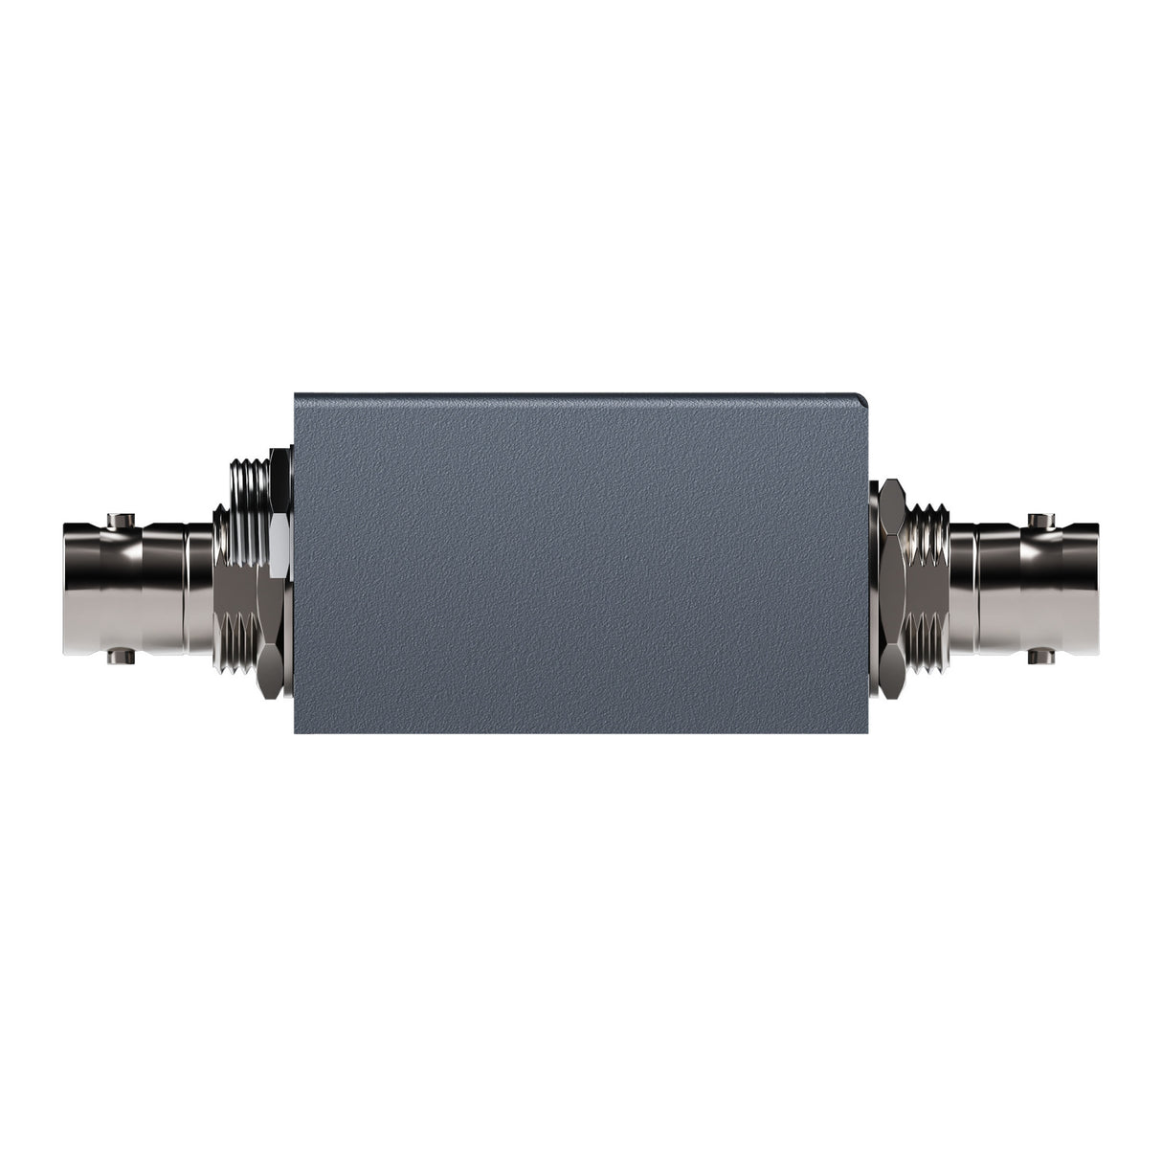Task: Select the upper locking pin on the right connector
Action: [1037, 520]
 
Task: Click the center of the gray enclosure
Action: [580, 563]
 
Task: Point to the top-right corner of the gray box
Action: [865, 394]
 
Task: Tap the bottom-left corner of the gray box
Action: [296, 732]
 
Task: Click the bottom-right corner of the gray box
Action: [865, 732]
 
